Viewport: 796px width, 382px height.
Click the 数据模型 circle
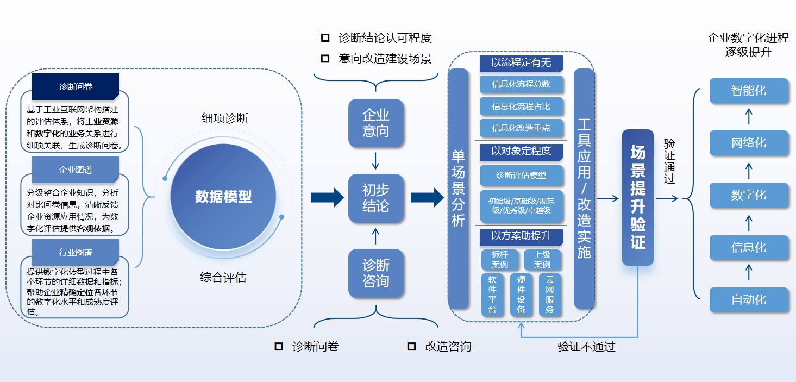click(x=223, y=197)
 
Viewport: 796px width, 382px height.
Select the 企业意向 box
click(x=376, y=123)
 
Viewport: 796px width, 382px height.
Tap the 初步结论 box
click(x=376, y=198)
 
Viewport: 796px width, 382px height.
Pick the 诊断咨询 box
click(x=376, y=273)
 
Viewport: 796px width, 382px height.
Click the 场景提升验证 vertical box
click(x=638, y=197)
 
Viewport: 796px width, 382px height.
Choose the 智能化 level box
click(x=749, y=91)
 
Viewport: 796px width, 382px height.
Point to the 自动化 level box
click(x=749, y=299)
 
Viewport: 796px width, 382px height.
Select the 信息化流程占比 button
click(x=521, y=107)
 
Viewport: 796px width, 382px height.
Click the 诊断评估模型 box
click(x=521, y=175)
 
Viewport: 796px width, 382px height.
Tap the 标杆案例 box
click(x=500, y=259)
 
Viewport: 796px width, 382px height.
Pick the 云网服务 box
click(x=550, y=294)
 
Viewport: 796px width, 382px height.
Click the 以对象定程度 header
click(x=521, y=152)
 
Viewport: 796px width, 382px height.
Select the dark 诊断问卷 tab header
click(x=76, y=86)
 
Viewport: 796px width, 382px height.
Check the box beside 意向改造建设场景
click(x=325, y=58)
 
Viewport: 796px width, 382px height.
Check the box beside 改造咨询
click(x=411, y=346)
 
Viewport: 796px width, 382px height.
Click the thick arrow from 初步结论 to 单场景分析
click(x=427, y=198)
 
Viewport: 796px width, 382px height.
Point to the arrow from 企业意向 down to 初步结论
click(x=375, y=161)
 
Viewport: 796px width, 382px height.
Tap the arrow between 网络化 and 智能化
click(x=749, y=116)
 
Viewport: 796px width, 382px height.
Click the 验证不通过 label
click(x=586, y=347)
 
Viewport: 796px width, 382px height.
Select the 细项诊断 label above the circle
click(x=224, y=118)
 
